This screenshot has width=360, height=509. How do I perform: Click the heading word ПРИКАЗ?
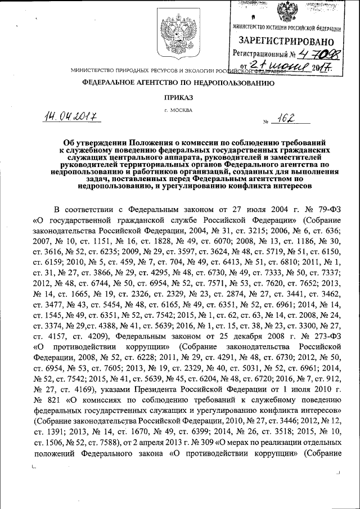[178, 97]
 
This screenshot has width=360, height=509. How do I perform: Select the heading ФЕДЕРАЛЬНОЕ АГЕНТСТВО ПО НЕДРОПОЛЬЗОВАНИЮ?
[178, 83]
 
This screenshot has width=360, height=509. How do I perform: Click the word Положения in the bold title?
[134, 144]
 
